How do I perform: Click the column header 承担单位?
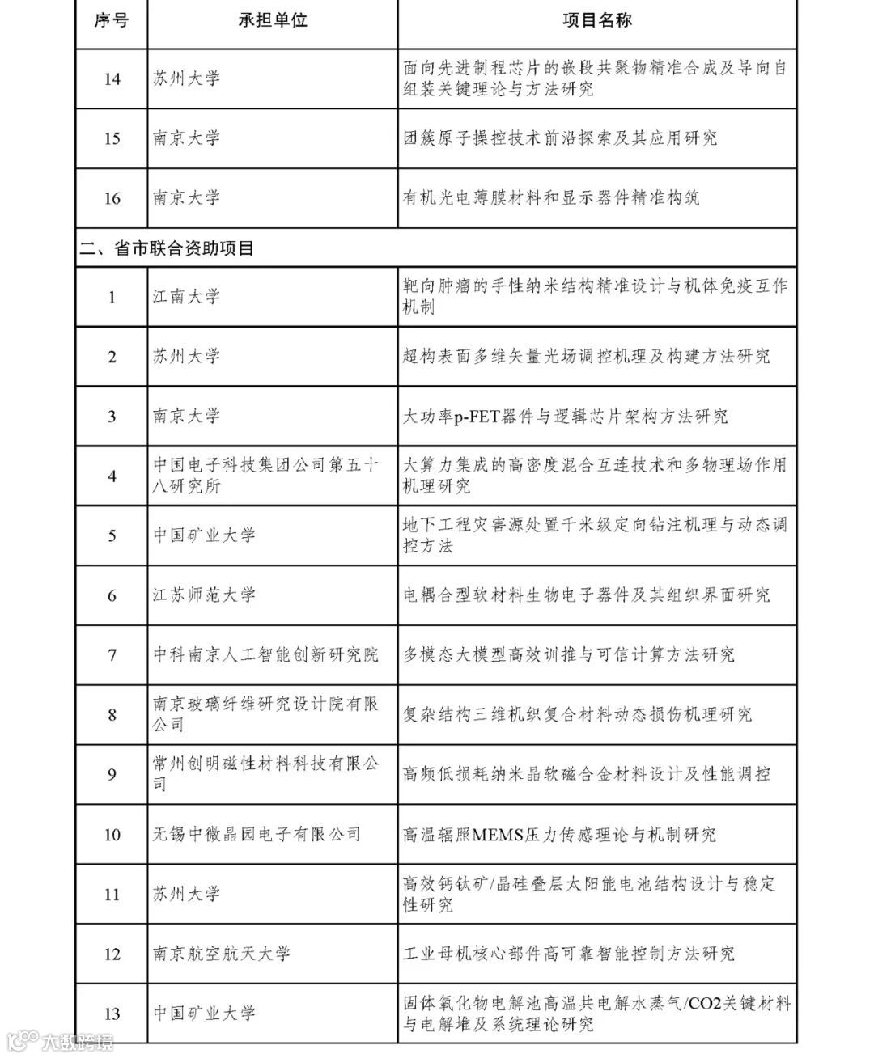[273, 21]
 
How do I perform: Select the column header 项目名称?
[596, 21]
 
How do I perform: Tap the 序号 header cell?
[112, 21]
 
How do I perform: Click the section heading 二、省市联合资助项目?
[167, 248]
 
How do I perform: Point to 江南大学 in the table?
[187, 297]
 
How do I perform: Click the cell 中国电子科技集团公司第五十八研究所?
[265, 476]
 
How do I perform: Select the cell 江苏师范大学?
[204, 595]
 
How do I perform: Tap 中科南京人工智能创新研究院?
[265, 654]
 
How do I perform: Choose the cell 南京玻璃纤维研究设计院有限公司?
[265, 714]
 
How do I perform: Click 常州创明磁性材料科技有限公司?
[265, 774]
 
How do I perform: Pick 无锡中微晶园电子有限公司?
[257, 834]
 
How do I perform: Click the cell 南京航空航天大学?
[221, 954]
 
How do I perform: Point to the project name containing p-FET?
[565, 417]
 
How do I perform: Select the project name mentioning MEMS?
[559, 834]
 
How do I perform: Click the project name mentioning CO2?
[596, 1014]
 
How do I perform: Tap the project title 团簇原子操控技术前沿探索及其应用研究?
[560, 138]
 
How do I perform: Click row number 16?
[112, 198]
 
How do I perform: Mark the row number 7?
[112, 654]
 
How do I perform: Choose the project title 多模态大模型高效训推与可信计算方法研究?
[569, 654]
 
